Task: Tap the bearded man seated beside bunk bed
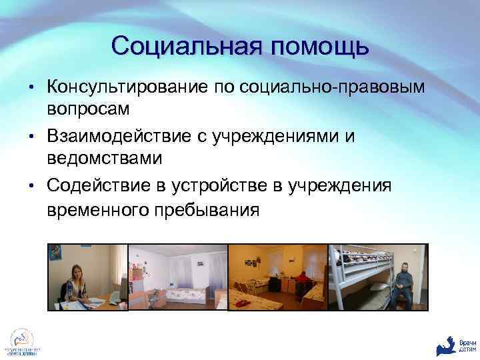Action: coord(401,283)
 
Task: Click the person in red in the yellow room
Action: coord(301,279)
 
